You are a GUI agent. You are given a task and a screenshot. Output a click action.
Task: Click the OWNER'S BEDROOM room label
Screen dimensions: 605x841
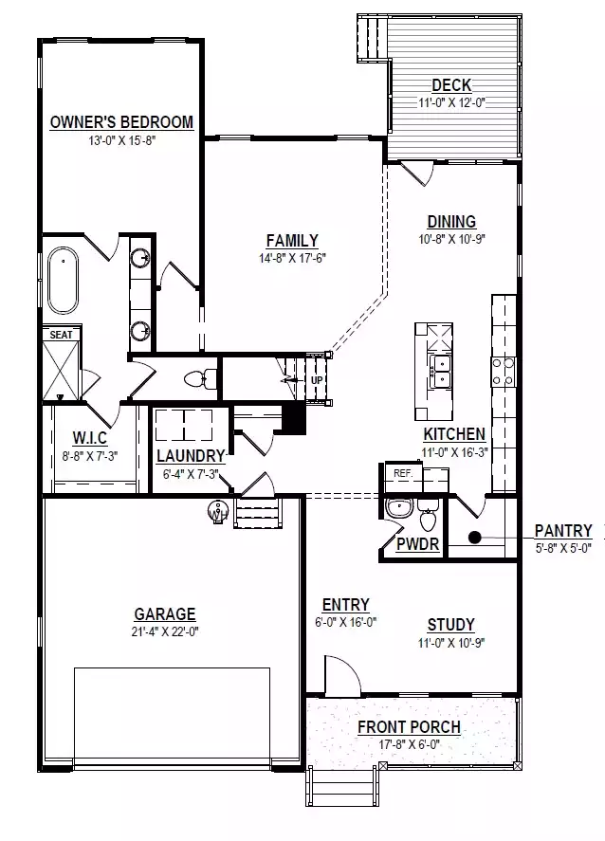(x=121, y=122)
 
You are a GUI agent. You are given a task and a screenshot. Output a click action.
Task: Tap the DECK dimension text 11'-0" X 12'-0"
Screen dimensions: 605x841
(x=451, y=103)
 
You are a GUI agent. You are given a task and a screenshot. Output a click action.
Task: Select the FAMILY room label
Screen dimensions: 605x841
(x=292, y=241)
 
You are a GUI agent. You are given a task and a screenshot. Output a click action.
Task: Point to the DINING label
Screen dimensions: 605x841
(x=451, y=222)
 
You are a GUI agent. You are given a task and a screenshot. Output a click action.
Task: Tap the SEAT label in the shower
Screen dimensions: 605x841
(x=61, y=335)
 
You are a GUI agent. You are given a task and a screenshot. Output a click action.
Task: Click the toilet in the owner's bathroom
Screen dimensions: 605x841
(x=200, y=378)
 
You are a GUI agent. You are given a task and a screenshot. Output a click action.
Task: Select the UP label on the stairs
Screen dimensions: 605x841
(x=317, y=380)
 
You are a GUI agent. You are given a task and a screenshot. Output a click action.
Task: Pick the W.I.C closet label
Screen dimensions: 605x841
(x=89, y=438)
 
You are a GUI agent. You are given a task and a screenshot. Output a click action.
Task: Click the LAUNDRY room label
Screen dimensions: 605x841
(x=191, y=456)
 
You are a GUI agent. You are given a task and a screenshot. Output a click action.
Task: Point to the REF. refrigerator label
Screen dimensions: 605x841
(x=403, y=474)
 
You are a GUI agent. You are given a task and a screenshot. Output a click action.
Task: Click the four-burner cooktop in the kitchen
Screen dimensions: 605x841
(x=504, y=371)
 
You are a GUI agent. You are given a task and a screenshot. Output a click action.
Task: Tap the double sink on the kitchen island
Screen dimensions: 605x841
(x=441, y=371)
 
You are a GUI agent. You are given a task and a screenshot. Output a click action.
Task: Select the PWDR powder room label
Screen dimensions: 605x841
(x=417, y=544)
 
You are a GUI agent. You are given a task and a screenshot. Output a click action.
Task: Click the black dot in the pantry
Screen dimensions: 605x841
(x=475, y=537)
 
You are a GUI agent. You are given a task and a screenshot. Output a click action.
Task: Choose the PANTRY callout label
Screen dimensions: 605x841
(x=563, y=531)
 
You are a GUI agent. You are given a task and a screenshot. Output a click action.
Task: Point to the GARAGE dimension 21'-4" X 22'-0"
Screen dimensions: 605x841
(x=165, y=631)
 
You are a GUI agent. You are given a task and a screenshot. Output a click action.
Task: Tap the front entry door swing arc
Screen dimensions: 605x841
(x=351, y=667)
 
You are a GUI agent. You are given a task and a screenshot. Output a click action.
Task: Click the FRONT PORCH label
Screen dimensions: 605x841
(x=410, y=727)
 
